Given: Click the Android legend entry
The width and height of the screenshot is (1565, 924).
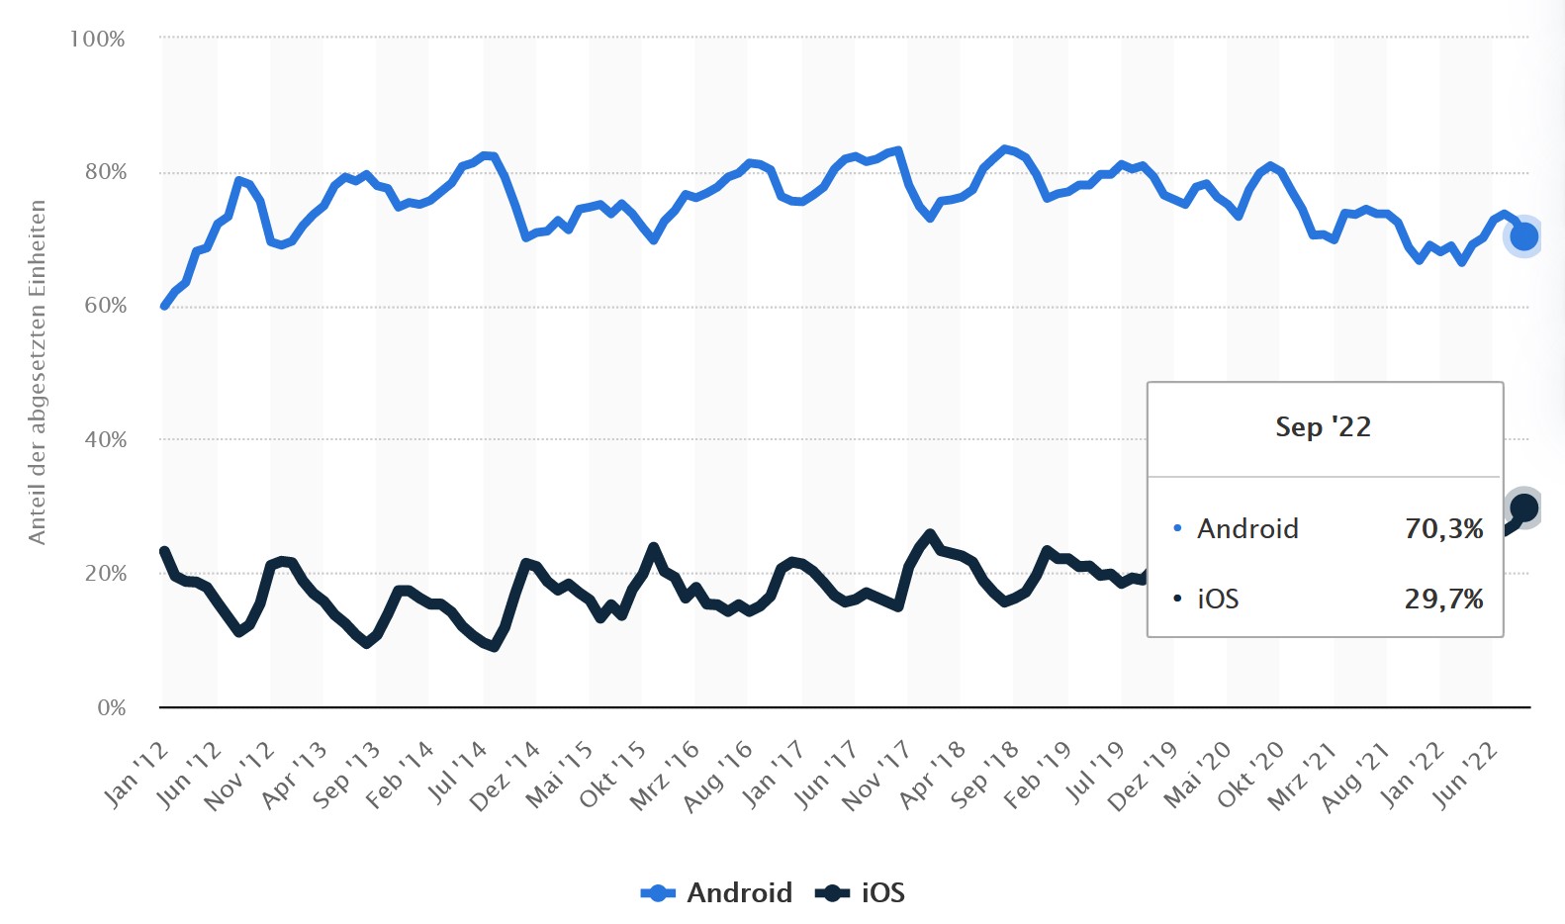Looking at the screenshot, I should click(717, 892).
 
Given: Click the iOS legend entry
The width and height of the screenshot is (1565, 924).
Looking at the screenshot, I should click(861, 892).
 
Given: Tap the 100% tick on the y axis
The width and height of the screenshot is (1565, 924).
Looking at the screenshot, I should click(97, 40).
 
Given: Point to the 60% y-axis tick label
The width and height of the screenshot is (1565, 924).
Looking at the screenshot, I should click(105, 306).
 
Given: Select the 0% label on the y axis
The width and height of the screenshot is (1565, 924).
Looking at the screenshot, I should click(111, 708).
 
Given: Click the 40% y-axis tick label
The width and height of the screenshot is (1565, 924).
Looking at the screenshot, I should click(105, 440).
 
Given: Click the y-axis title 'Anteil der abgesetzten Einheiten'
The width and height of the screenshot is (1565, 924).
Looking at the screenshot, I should click(38, 372).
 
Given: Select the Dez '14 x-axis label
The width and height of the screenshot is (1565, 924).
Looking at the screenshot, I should click(505, 777).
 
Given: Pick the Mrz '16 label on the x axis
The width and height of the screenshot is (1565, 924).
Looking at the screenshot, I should click(665, 777).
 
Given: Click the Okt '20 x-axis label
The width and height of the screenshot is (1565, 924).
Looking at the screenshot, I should click(1250, 776).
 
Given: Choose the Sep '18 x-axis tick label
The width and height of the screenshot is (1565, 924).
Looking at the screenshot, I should click(984, 776).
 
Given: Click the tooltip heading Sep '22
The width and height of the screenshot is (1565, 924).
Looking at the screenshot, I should click(1323, 427).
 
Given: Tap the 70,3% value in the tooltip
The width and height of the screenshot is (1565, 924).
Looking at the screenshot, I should click(1443, 529).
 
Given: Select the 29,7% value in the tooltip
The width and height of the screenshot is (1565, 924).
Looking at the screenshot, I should click(1443, 600).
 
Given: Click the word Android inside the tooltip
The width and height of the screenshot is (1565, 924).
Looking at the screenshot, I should click(1247, 529).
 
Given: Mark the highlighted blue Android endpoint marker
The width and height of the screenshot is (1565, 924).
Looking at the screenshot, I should click(1523, 236).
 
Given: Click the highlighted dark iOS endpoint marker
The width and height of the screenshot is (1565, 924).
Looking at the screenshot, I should click(1523, 508).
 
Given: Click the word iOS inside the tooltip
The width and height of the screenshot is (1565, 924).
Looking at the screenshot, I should click(1218, 600).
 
